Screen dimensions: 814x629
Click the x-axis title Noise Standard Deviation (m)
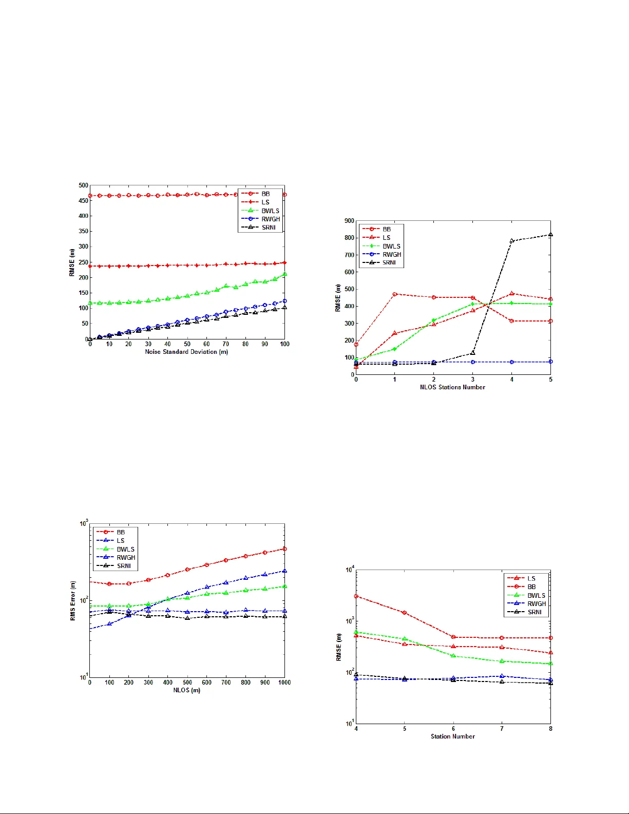[186, 352]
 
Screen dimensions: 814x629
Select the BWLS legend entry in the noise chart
[270, 211]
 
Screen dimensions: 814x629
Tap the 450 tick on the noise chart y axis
[83, 201]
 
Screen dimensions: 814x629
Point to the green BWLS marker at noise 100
[284, 274]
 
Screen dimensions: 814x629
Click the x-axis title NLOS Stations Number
[452, 387]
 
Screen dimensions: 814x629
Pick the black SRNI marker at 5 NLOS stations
[550, 235]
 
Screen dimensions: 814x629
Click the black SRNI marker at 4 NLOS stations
[511, 241]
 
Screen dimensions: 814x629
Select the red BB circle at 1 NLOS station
[395, 294]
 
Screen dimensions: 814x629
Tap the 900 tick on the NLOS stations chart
[349, 221]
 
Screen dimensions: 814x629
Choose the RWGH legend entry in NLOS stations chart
[391, 254]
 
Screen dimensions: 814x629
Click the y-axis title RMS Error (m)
[73, 600]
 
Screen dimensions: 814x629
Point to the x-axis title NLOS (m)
[186, 690]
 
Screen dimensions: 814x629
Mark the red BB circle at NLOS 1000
[284, 549]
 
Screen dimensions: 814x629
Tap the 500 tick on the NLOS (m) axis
[187, 683]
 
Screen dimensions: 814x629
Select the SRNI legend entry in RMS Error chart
[124, 566]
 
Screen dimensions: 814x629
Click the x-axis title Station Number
[452, 736]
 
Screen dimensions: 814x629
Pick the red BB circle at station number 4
[356, 596]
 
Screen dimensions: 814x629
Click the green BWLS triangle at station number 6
[453, 656]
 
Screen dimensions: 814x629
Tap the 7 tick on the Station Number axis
[502, 729]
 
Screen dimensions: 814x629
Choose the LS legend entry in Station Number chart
[531, 578]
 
